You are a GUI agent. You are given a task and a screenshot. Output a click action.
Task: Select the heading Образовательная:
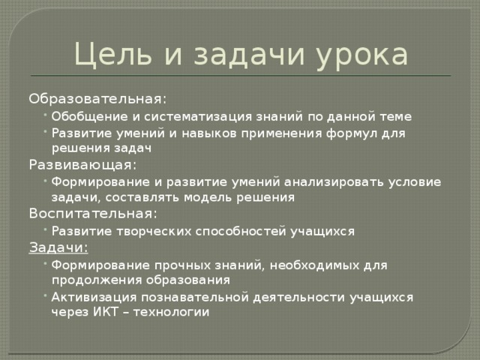pos(97,99)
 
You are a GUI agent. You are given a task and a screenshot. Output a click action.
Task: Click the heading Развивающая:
pos(82,165)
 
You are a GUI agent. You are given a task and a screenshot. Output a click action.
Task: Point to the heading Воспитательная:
pos(93,214)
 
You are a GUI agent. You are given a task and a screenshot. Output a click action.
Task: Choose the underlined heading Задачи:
pos(58,247)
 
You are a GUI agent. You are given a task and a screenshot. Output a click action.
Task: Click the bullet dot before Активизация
pos(46,296)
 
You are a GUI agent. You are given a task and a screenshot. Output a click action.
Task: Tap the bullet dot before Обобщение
pos(46,115)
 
